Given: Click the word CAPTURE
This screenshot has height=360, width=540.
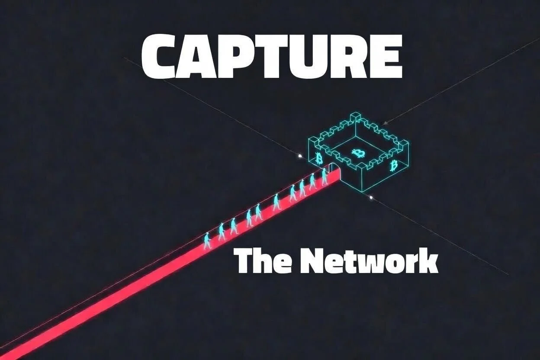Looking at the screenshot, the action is tap(272, 57).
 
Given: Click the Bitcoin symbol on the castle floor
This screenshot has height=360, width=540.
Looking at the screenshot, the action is tap(358, 153).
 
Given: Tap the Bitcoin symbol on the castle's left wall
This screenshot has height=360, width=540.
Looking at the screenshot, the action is tap(320, 158).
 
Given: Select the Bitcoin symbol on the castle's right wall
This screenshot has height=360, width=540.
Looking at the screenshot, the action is tap(394, 165).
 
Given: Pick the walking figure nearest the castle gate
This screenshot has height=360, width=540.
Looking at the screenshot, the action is tap(324, 177).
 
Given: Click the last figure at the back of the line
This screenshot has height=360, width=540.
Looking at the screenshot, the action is tap(207, 241).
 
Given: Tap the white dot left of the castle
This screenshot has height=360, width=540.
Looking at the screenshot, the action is tap(300, 155).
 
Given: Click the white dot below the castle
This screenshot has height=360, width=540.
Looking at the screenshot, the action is tap(371, 197).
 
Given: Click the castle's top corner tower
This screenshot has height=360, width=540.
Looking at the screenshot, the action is tap(355, 116).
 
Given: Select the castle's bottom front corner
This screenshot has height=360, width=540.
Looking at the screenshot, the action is tap(362, 190).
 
